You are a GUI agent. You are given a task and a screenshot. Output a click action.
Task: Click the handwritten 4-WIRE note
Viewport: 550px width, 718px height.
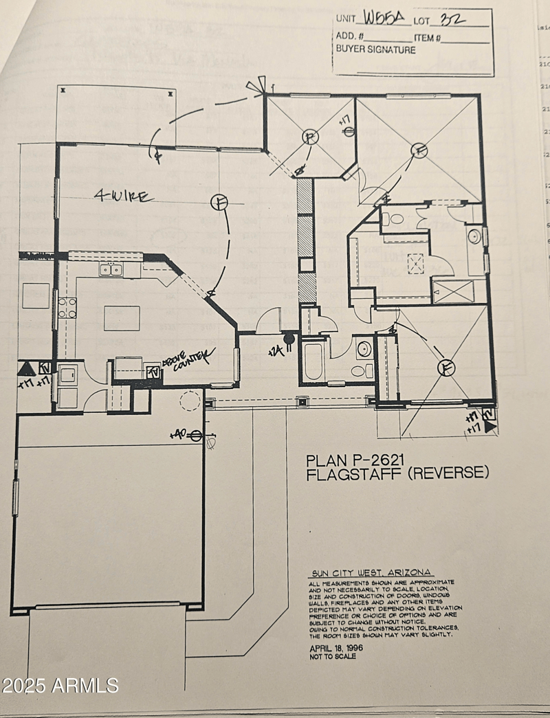point(124,197)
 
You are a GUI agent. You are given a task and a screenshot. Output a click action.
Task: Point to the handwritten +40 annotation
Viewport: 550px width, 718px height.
point(179,435)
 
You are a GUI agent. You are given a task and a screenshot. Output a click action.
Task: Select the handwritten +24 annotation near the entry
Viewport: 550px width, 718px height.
point(276,350)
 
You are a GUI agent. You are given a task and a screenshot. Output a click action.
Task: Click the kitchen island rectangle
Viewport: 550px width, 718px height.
point(122,318)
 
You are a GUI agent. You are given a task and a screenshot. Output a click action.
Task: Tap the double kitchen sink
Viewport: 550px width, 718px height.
point(111,269)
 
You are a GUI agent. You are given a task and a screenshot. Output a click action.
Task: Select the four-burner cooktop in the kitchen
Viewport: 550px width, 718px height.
point(67,308)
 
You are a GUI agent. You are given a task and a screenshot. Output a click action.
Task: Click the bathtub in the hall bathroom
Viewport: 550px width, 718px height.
point(313,361)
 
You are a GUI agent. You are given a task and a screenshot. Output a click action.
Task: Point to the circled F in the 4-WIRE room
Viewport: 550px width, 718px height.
point(219,202)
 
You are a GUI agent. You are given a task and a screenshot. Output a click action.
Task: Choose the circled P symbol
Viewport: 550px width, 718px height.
point(311,138)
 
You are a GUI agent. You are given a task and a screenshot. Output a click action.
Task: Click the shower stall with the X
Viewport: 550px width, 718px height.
point(452,291)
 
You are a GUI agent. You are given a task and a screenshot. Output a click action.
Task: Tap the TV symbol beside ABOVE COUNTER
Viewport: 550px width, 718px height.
point(153,372)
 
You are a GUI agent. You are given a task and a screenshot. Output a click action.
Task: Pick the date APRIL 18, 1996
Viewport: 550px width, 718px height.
point(335,648)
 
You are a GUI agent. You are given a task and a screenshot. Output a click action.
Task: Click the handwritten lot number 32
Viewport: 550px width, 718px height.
point(451,19)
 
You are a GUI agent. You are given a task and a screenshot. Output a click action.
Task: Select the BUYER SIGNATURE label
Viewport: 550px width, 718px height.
point(375,49)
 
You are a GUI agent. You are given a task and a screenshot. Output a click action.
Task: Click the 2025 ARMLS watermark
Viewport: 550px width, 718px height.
point(60,685)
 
